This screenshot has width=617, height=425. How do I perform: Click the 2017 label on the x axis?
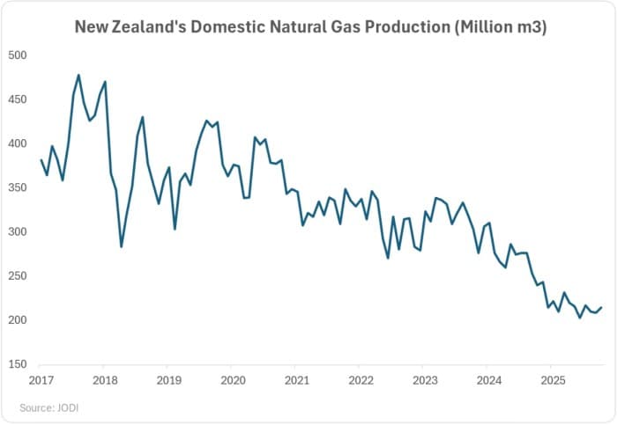tap(40, 381)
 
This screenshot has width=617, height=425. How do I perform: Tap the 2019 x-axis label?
tap(167, 381)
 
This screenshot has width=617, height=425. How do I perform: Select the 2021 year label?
tap(295, 381)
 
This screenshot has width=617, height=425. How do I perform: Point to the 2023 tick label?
tap(423, 381)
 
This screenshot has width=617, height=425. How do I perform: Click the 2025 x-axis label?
tap(551, 381)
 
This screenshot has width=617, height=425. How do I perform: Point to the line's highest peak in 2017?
tap(78, 75)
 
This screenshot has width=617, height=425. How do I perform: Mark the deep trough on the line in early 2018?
tap(121, 246)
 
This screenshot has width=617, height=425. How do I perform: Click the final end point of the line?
tap(602, 307)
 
